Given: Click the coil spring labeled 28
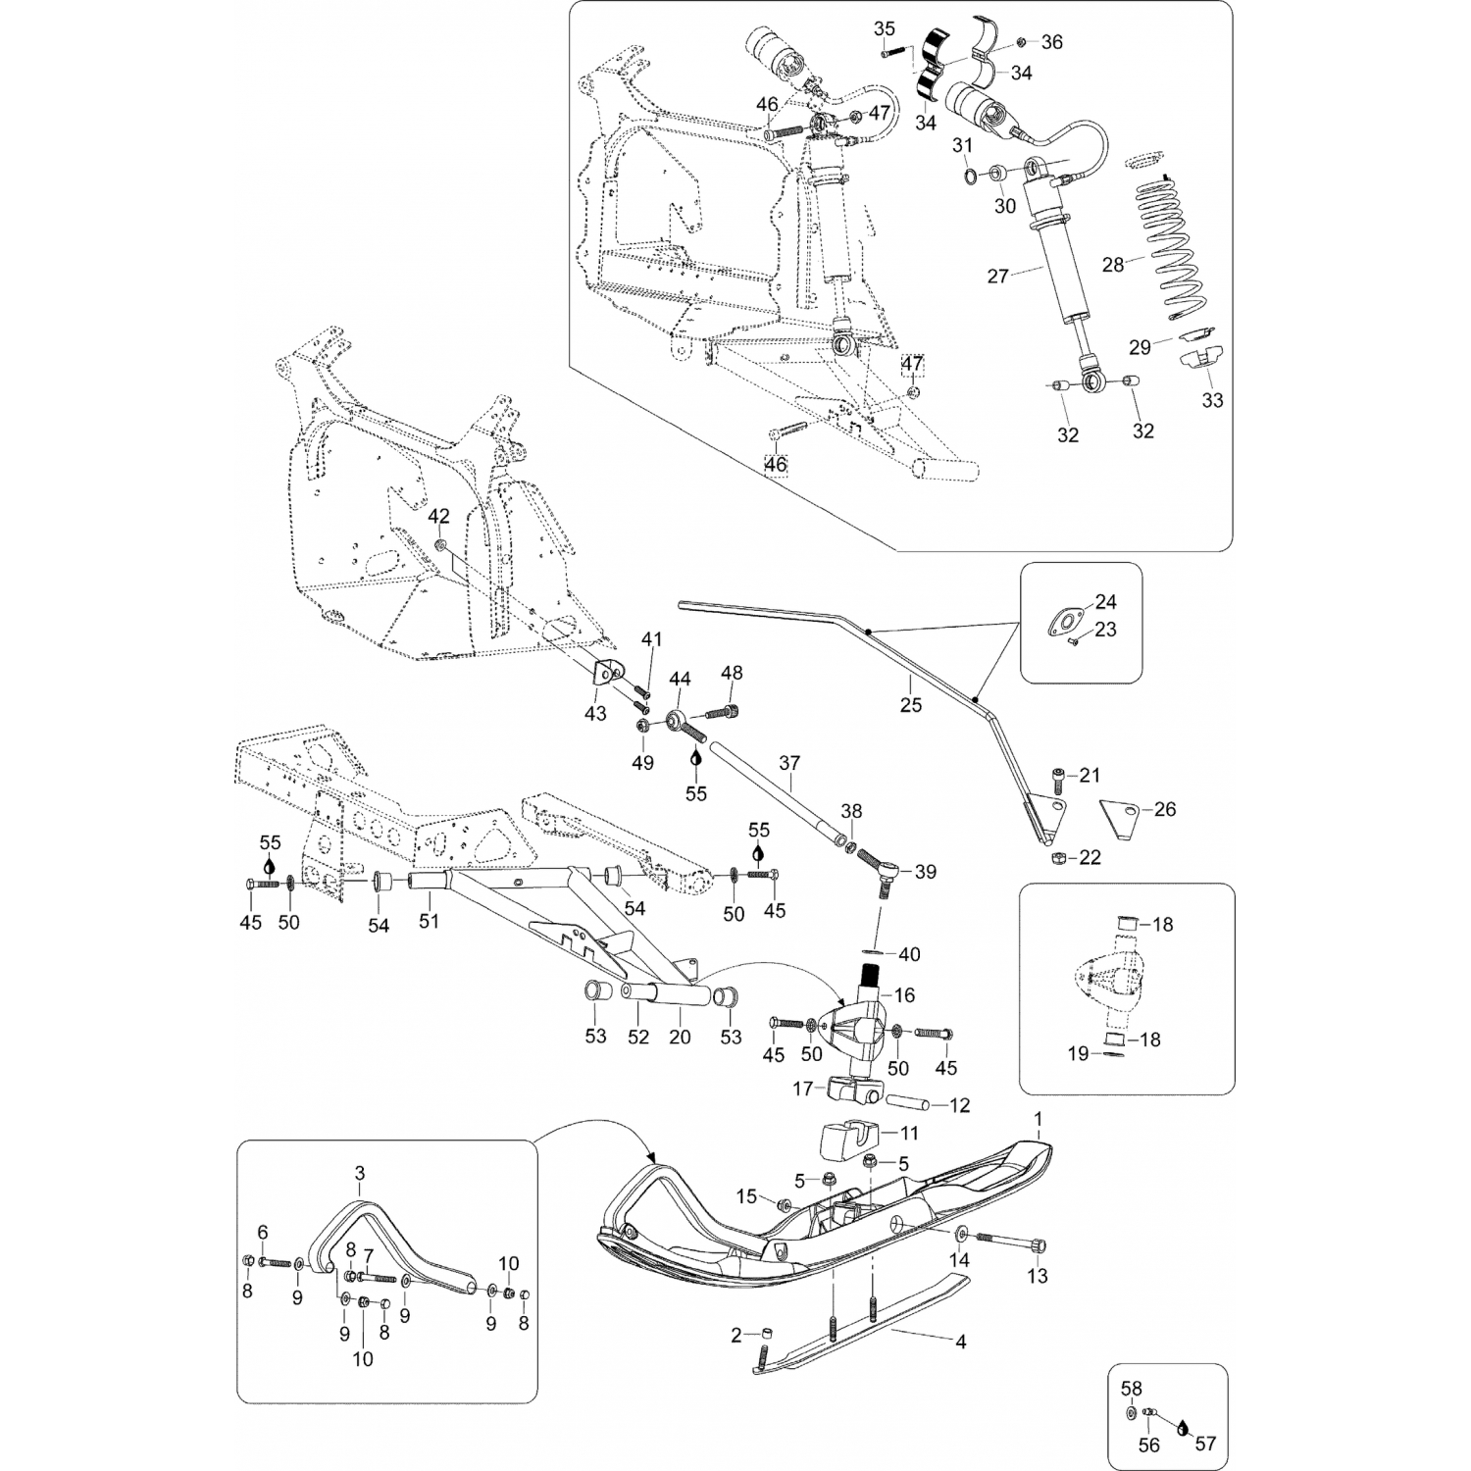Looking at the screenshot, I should (x=1180, y=245).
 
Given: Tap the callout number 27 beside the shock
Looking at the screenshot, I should (x=997, y=277).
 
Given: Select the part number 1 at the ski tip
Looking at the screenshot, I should (x=1038, y=1119).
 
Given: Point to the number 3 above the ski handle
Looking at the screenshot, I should (x=359, y=1173).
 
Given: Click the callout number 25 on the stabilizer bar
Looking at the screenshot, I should (x=911, y=704).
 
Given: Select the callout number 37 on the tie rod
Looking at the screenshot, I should (x=789, y=762).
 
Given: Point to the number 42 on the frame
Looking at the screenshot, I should (x=439, y=516).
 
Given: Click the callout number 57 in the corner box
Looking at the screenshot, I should (x=1204, y=1444).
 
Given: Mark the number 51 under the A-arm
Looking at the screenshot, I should (x=430, y=921).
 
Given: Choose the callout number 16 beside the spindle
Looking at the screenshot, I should (x=904, y=995).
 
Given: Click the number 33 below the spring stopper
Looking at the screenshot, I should (x=1212, y=400).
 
